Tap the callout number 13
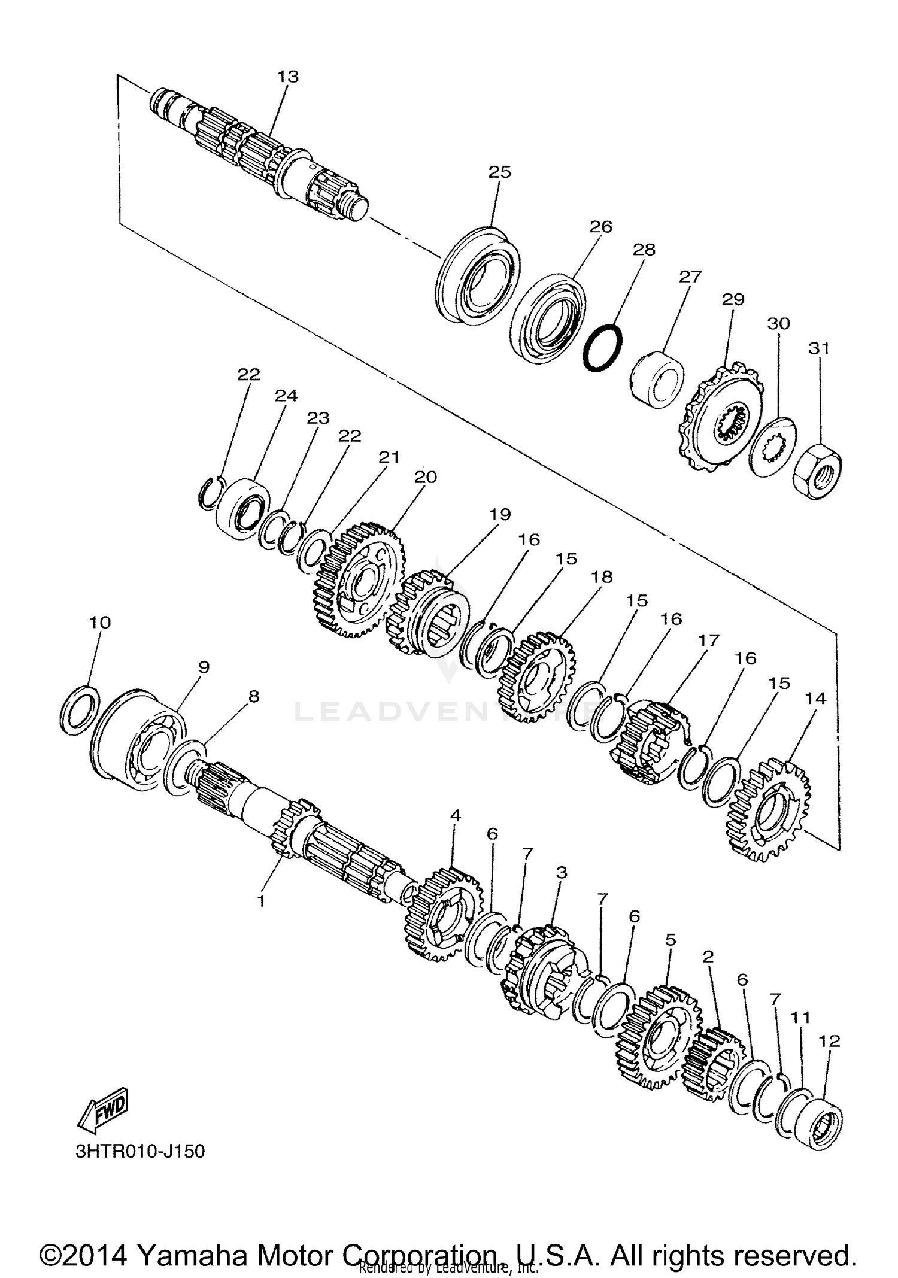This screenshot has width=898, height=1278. tap(288, 77)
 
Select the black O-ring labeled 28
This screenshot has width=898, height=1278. tap(602, 347)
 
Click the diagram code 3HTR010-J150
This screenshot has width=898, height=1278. tap(140, 1151)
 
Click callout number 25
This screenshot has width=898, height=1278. tap(500, 172)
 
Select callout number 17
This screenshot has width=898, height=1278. tap(708, 640)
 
